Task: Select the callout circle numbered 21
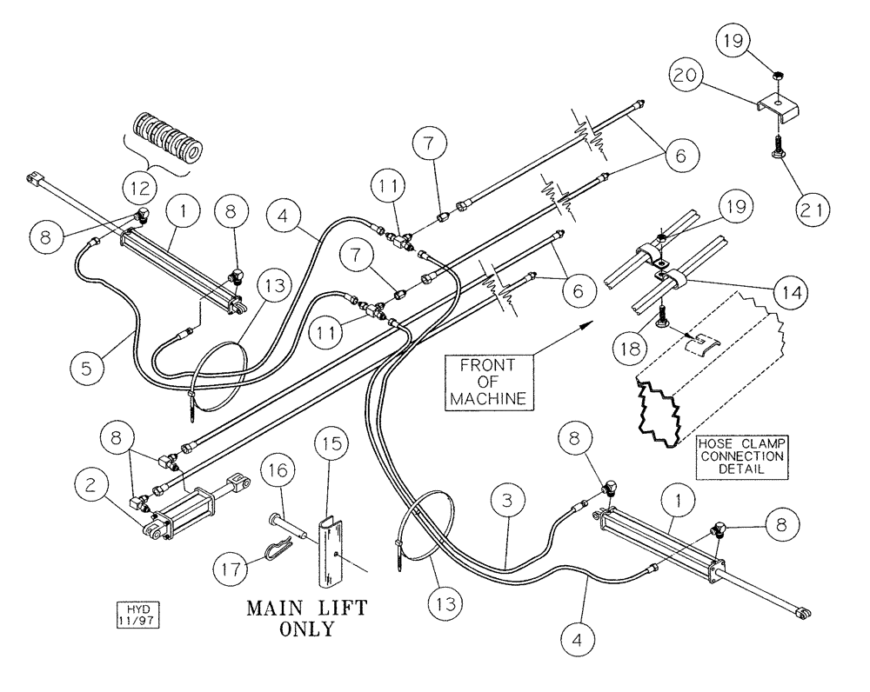click(813, 209)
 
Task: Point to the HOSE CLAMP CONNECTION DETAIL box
click(741, 455)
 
